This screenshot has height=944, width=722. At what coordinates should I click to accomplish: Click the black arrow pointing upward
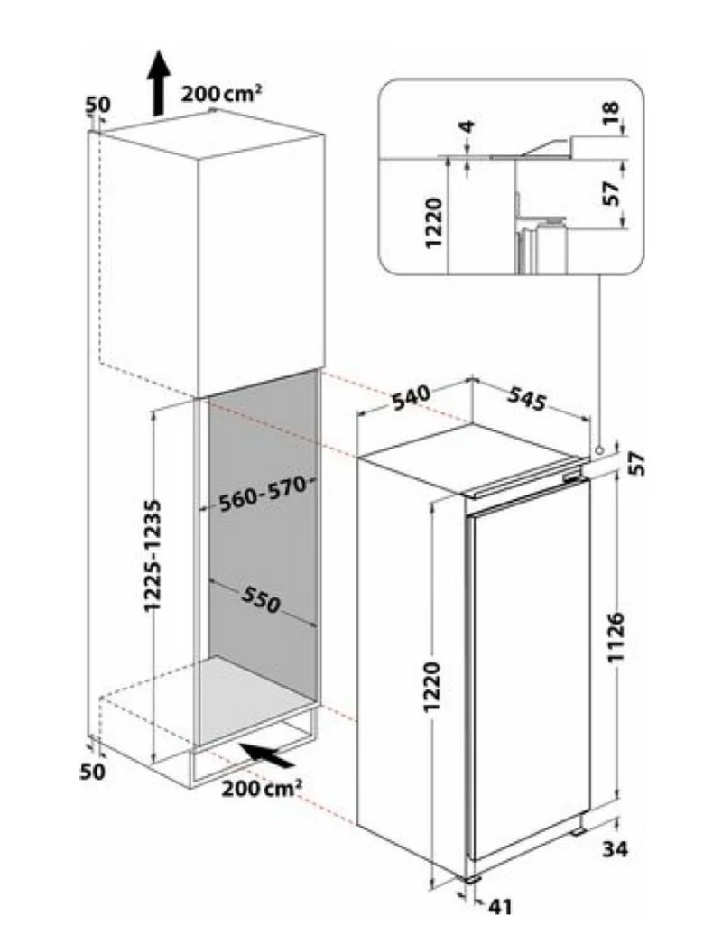tap(158, 83)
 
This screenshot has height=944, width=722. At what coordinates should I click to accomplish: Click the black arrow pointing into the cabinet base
tap(267, 754)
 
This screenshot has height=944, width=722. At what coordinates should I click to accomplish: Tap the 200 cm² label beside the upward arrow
tap(221, 93)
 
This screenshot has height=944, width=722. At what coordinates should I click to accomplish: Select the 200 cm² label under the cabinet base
tap(262, 788)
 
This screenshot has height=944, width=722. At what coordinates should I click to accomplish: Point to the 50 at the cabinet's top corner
tap(98, 104)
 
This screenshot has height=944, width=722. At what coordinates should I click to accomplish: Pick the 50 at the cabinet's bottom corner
tap(93, 772)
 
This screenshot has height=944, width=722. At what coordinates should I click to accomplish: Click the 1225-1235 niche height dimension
tap(153, 554)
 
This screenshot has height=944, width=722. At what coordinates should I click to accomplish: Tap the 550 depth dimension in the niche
tap(262, 599)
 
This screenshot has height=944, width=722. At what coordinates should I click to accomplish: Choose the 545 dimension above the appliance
tap(527, 399)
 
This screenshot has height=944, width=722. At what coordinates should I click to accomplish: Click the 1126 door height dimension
tap(616, 637)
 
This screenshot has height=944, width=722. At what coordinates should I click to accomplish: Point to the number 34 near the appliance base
tap(616, 849)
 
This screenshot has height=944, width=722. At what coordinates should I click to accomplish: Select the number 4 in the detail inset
tap(467, 127)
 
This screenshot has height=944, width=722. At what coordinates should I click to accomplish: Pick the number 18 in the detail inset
tap(611, 112)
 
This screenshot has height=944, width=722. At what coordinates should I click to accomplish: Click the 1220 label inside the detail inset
tap(435, 222)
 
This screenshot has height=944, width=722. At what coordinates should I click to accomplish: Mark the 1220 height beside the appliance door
tap(432, 686)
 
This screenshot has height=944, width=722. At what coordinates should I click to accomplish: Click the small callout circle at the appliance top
tap(598, 449)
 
